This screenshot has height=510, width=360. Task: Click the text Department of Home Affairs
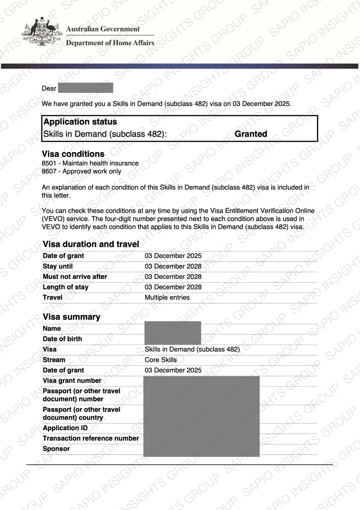(x=110, y=43)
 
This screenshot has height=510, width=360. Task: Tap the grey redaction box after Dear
(x=86, y=88)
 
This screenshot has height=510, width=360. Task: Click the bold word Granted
(x=251, y=134)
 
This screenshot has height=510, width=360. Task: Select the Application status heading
(x=80, y=122)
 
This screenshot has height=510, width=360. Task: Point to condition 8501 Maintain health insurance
(x=90, y=163)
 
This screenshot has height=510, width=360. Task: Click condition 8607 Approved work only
(x=82, y=171)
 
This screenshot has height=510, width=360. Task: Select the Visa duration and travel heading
(x=91, y=244)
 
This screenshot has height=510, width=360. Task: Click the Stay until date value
(x=173, y=266)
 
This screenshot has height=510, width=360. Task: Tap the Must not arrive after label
(x=75, y=277)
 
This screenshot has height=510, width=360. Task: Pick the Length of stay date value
(x=173, y=287)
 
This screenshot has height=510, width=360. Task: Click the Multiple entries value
(x=167, y=297)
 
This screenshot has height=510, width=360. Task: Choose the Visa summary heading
(x=72, y=317)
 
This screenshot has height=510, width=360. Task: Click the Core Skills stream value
(x=161, y=360)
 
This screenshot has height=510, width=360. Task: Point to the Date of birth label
(x=62, y=339)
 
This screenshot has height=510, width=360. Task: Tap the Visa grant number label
(x=72, y=381)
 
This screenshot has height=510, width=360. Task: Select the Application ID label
(x=65, y=428)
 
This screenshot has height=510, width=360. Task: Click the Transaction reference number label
(x=91, y=438)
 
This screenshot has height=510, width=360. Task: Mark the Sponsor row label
(x=56, y=449)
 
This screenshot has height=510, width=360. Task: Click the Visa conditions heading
(x=73, y=154)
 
